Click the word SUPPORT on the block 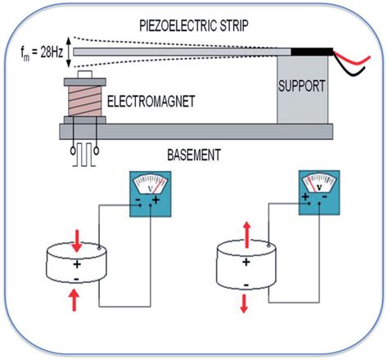[x=301, y=85]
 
